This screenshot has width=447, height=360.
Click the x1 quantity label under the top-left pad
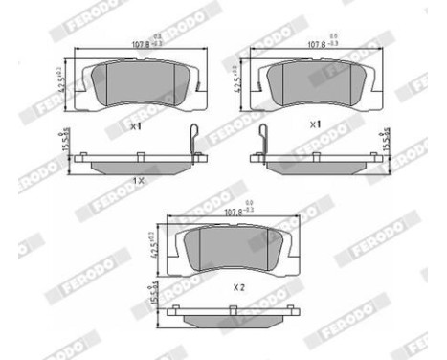click(136, 125)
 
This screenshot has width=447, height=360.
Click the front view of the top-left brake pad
click(138, 84)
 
